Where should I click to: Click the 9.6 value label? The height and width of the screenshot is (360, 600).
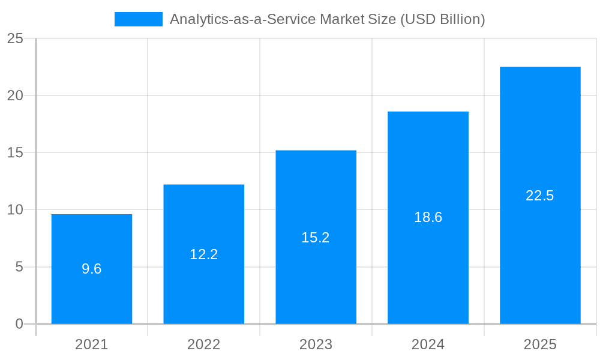point(92,269)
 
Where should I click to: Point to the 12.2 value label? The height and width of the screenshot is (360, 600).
point(204,254)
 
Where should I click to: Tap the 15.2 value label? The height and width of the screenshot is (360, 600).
point(316,238)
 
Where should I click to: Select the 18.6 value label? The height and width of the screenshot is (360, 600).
point(428,217)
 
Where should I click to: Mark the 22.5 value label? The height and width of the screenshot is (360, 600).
point(540,196)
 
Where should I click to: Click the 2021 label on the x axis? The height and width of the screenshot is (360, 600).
point(92,344)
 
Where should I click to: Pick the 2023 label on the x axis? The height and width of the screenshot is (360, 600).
point(316,344)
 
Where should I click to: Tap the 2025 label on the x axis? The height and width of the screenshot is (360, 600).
point(540,344)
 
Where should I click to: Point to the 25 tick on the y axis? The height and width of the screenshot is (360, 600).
point(15,39)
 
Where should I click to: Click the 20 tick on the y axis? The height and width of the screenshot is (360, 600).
point(15,96)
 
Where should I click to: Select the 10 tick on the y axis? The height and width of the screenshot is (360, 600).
point(15,210)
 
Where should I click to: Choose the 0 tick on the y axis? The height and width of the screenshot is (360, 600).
point(19,324)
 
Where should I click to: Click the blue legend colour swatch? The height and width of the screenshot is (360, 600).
point(139,19)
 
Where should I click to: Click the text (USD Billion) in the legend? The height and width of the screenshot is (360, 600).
point(442,19)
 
